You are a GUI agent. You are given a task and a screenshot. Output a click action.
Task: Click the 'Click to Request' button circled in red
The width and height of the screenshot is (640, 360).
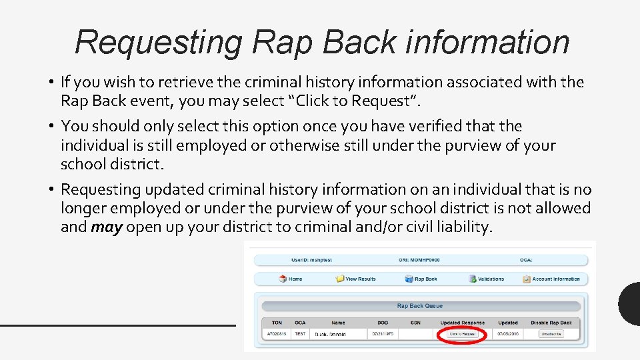click(x=462, y=333)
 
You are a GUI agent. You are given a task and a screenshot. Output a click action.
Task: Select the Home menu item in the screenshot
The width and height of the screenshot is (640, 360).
click(x=291, y=279)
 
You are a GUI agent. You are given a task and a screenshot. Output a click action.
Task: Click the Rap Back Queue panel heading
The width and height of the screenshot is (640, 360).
click(x=420, y=306)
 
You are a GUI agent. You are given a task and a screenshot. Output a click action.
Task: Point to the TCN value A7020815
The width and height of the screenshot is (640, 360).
click(x=276, y=333)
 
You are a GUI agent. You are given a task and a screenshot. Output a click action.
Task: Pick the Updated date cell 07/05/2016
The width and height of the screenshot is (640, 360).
click(x=507, y=333)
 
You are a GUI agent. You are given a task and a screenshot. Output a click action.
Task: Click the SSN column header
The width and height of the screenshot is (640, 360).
click(x=415, y=323)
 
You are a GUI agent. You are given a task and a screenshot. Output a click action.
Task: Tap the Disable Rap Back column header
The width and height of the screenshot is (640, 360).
click(x=551, y=323)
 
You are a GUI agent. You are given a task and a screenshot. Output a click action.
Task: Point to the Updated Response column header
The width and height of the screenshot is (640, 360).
click(x=462, y=323)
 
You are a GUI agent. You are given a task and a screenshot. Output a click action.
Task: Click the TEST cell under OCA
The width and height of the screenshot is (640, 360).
click(x=300, y=333)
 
